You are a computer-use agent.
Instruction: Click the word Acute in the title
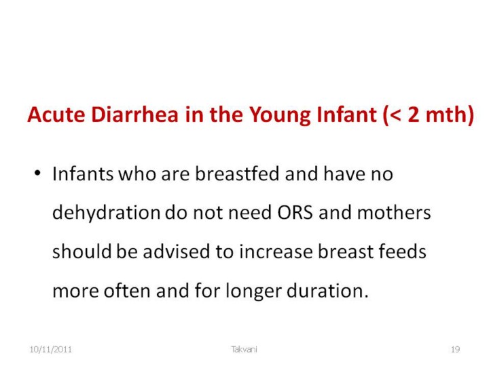(56, 115)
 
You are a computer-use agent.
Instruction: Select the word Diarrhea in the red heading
(134, 115)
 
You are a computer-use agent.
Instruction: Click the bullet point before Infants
(37, 172)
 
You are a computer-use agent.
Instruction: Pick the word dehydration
(107, 212)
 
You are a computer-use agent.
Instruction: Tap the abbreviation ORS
(295, 213)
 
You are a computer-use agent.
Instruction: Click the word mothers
(394, 212)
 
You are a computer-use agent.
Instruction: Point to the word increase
(276, 251)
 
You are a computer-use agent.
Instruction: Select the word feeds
(402, 251)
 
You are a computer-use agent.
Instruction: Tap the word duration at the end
(327, 290)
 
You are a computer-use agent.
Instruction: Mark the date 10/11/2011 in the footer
(50, 350)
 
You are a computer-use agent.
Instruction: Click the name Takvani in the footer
(244, 349)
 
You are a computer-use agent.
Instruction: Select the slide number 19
(455, 350)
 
